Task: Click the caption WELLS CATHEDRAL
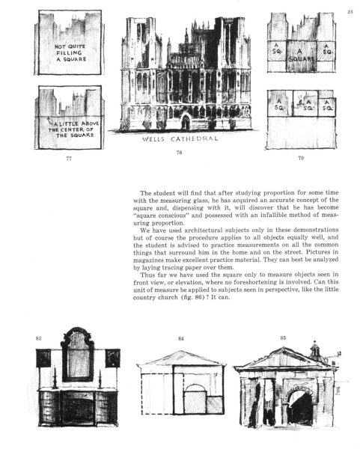click(x=180, y=139)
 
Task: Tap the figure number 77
click(x=69, y=158)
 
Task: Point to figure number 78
click(x=179, y=153)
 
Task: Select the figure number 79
click(x=301, y=158)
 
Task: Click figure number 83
click(x=38, y=338)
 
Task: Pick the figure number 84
click(x=181, y=338)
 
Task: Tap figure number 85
click(x=283, y=338)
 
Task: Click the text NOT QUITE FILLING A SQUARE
click(x=70, y=52)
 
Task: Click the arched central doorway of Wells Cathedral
click(x=186, y=122)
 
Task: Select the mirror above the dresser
click(x=77, y=355)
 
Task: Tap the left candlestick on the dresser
click(x=55, y=378)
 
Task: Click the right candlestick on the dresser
click(x=100, y=379)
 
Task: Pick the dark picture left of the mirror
click(x=43, y=358)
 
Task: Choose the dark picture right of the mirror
click(x=112, y=358)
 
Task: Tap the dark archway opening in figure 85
click(x=300, y=409)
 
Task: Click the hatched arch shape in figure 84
click(x=195, y=399)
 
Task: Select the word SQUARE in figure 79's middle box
click(x=301, y=59)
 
